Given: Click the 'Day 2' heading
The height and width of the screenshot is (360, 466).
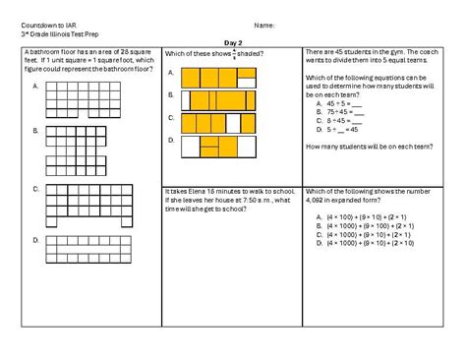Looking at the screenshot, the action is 233,43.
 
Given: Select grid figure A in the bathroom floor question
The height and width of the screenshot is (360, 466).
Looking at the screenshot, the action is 86,99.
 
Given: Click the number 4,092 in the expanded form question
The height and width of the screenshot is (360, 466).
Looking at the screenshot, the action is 320,200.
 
